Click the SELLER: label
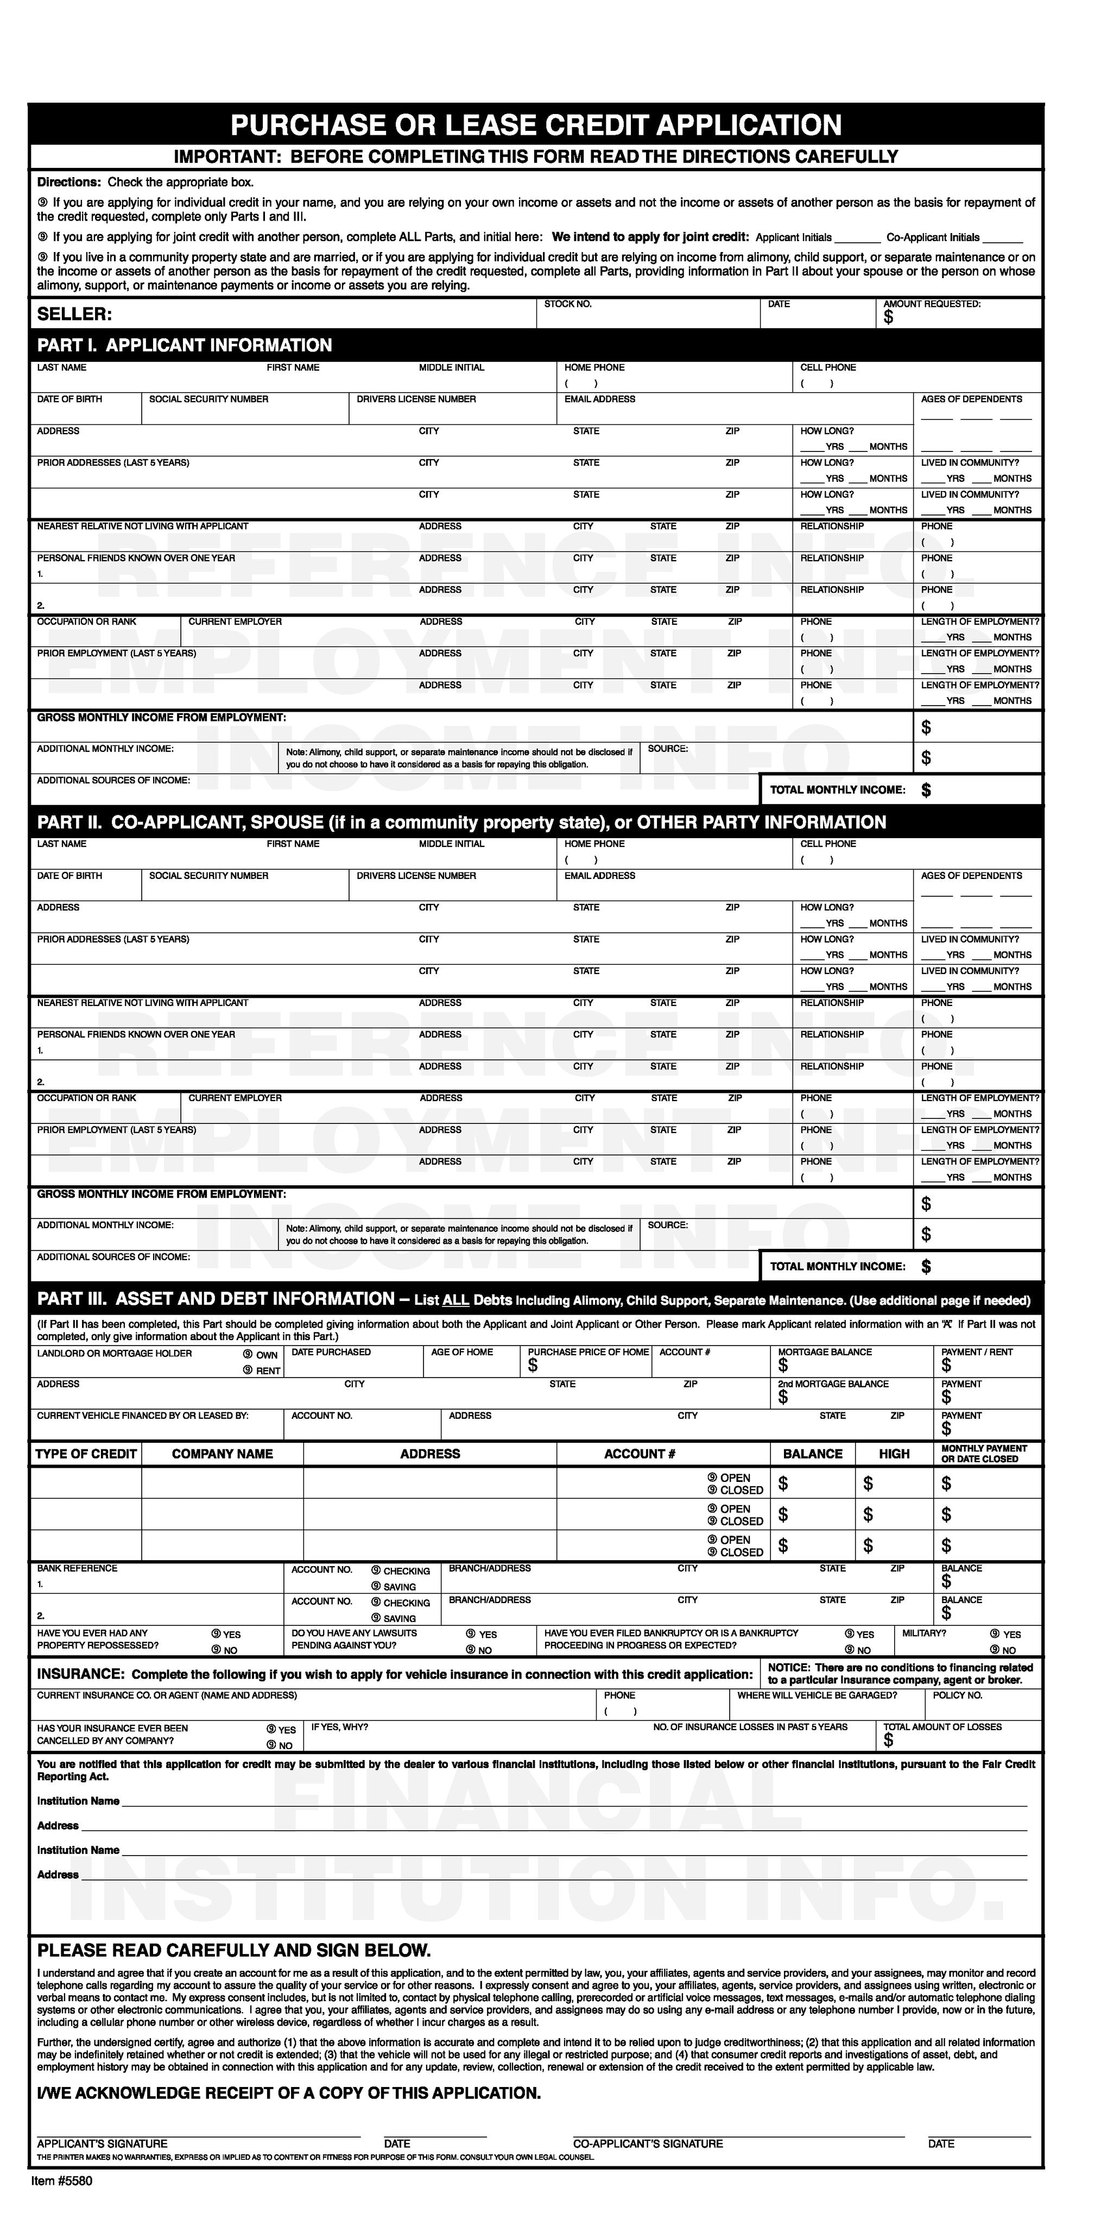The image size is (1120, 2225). point(74,315)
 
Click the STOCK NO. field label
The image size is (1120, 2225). point(567,304)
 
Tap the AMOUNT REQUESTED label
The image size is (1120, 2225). point(932,304)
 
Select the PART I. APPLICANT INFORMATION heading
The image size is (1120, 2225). point(184,345)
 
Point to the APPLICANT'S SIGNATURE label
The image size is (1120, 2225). point(102,2144)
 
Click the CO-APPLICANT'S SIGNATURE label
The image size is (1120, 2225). point(648,2144)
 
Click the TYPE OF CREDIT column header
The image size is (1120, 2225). point(85,1454)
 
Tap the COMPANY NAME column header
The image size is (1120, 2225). point(222,1454)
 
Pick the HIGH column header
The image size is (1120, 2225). point(894,1454)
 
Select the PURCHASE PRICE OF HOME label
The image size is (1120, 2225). point(588,1352)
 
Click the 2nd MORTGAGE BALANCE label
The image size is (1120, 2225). point(832,1384)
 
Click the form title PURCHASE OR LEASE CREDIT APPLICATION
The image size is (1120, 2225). point(535,125)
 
